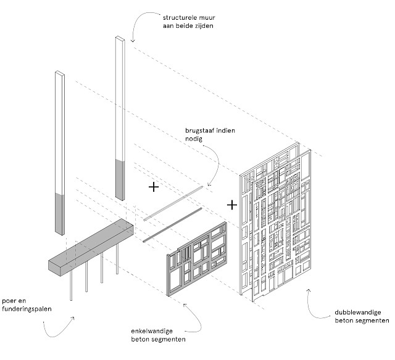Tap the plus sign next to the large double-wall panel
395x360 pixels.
[232, 203]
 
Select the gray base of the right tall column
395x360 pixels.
[121, 179]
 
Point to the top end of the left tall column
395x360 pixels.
[59, 73]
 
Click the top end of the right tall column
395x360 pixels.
[119, 39]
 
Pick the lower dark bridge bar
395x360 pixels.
[173, 226]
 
